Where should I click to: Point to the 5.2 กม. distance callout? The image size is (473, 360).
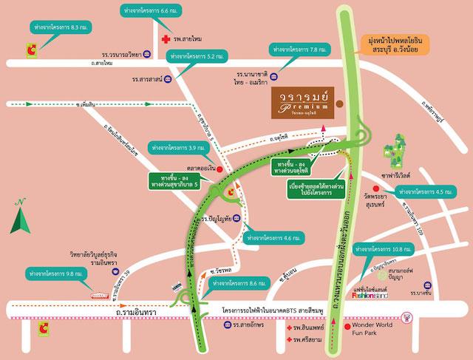(x=197, y=55)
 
